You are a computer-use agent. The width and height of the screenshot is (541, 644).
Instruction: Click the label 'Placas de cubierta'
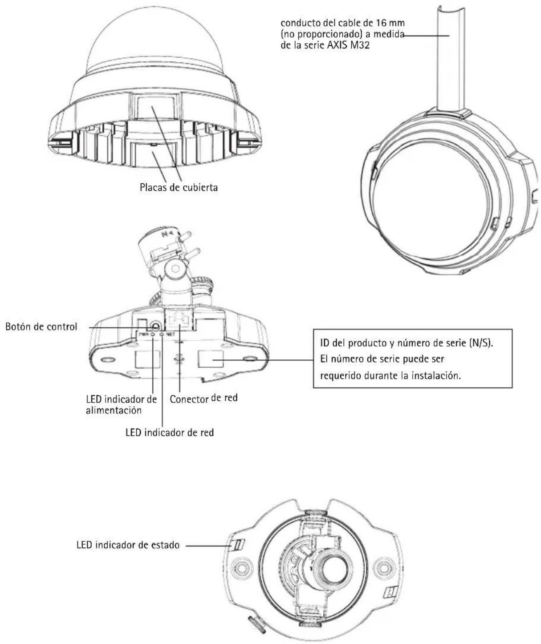[179, 188]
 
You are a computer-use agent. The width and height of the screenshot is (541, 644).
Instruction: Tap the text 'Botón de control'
[41, 326]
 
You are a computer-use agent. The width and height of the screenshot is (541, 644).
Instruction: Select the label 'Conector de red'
[203, 398]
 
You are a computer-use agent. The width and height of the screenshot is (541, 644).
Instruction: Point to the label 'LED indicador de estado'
[128, 545]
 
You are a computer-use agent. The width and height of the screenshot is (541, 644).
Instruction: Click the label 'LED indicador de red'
[170, 432]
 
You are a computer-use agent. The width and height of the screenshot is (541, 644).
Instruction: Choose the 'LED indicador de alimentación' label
[122, 405]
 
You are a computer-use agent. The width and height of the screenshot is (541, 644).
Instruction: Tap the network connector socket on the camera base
[180, 318]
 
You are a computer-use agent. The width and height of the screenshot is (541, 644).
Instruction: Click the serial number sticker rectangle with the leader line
[210, 359]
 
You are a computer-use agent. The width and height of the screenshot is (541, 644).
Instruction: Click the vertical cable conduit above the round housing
[450, 62]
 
